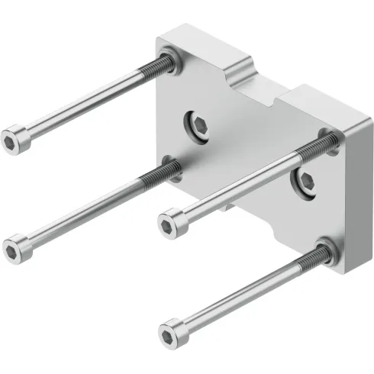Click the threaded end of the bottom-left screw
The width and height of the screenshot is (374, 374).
tap(153, 179)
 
